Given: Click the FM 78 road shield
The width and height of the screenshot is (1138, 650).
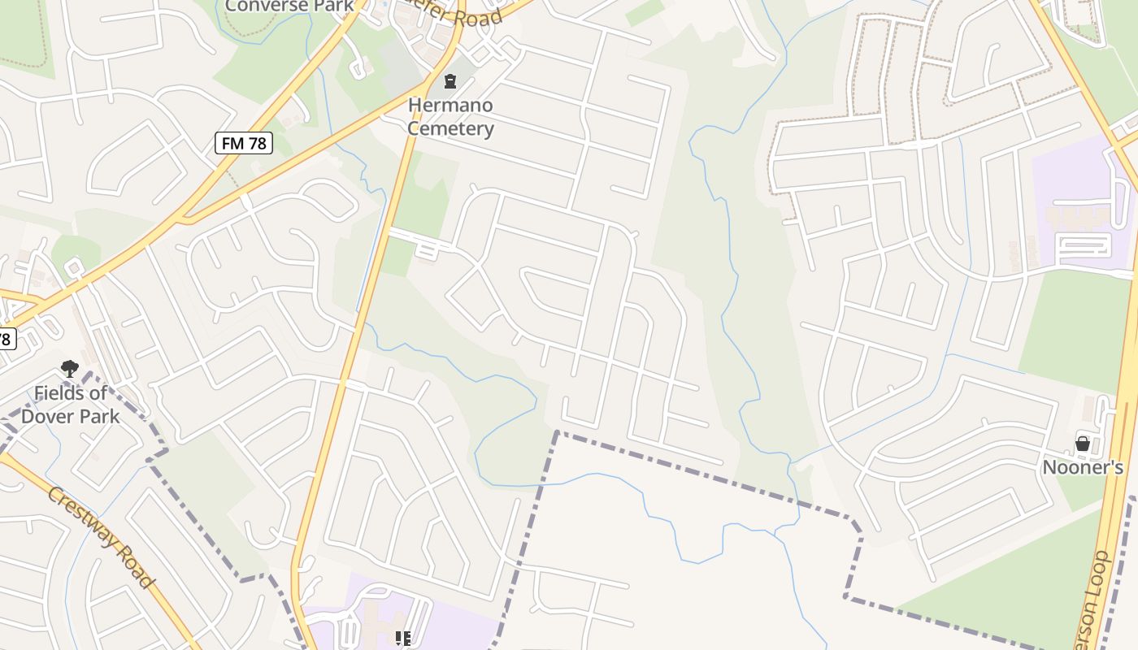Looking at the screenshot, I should tap(244, 144).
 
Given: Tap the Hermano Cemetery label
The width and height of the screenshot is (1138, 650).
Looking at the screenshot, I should tap(450, 117).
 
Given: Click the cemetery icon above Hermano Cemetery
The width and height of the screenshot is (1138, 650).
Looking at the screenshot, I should tap(450, 80).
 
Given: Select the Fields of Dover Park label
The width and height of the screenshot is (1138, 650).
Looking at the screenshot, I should tap(71, 405).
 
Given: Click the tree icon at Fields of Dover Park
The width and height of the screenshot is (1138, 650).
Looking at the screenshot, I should tap(70, 369).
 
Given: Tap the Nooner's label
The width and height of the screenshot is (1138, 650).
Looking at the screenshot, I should tap(1083, 467).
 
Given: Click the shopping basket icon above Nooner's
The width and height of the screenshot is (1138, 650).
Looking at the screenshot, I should tap(1083, 444).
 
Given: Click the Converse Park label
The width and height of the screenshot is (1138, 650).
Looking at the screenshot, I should tap(289, 6).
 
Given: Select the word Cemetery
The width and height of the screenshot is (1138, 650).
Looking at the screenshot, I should tap(450, 128).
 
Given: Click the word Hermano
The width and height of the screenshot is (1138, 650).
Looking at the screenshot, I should tap(450, 106).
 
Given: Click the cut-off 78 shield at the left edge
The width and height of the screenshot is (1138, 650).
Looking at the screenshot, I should tap(6, 338).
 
